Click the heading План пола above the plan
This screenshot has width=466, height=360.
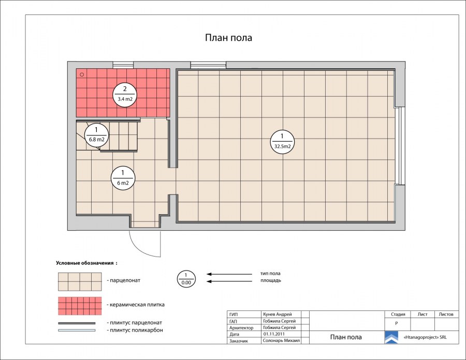click(228, 38)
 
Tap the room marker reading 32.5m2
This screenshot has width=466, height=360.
click(282, 142)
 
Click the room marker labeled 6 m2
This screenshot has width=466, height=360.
click(123, 178)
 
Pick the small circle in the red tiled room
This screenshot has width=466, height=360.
click(82, 75)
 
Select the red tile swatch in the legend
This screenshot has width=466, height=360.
click(80, 306)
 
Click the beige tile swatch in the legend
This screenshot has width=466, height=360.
click(80, 282)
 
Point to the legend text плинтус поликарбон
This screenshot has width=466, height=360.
click(135, 330)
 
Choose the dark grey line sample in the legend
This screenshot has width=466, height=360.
click(77, 323)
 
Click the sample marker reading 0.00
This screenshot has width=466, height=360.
click(186, 279)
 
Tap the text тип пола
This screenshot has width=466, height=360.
click(270, 273)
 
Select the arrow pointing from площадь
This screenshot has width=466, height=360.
click(229, 281)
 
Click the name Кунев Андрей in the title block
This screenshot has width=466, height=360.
click(278, 314)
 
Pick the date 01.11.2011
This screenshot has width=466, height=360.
click(274, 334)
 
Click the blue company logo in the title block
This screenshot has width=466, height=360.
click(391, 337)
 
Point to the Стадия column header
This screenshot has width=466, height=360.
click(398, 314)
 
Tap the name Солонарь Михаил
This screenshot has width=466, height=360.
click(281, 340)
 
